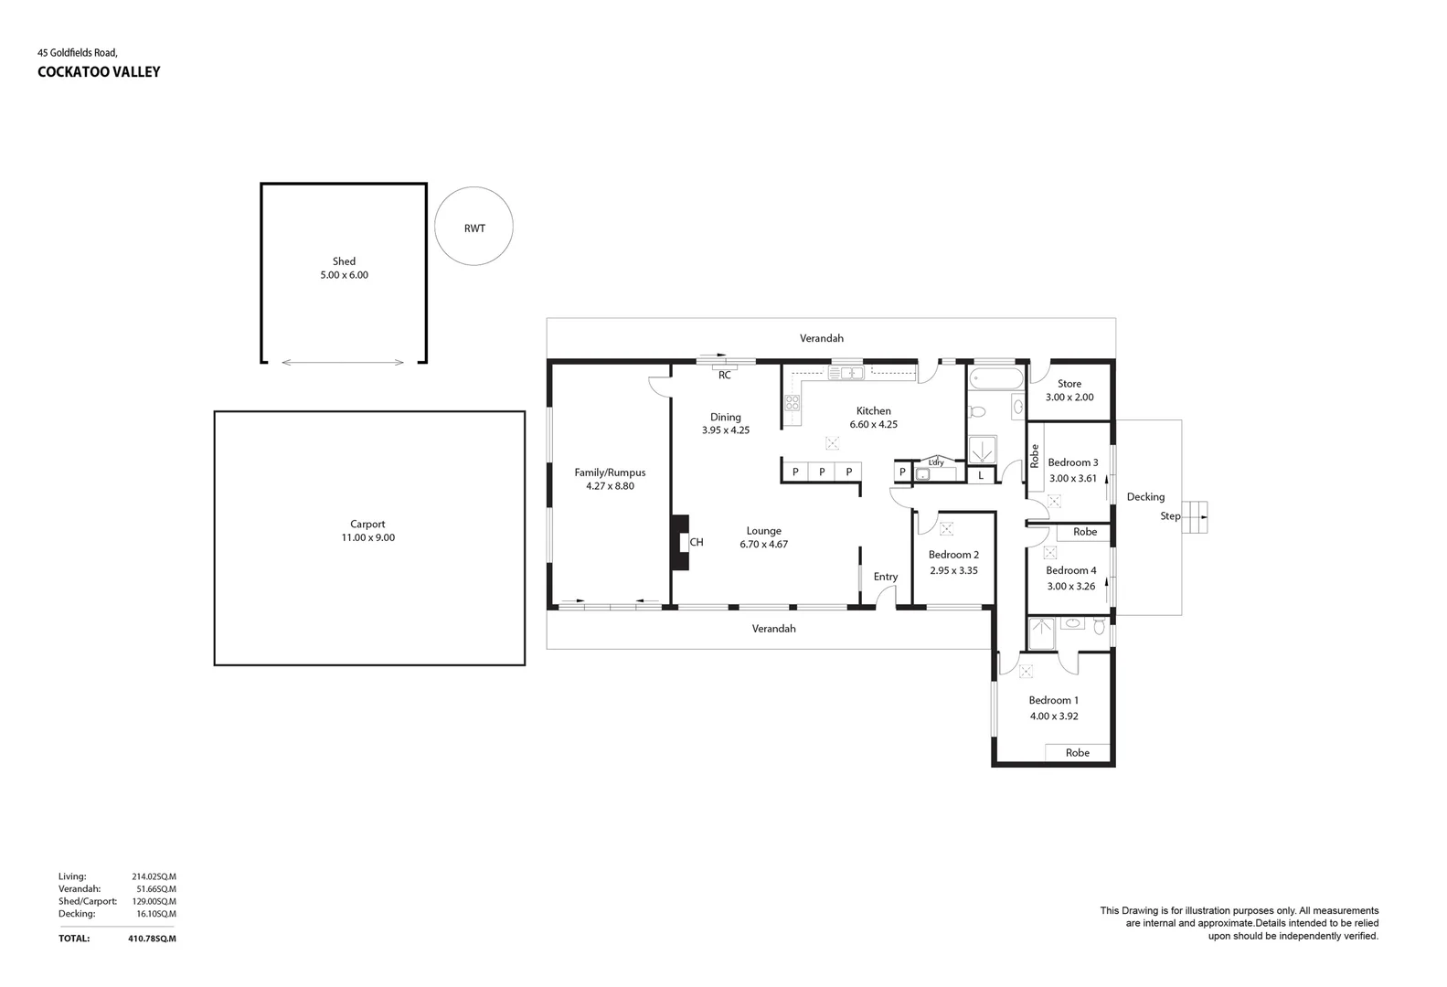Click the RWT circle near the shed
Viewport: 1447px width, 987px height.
pos(473,227)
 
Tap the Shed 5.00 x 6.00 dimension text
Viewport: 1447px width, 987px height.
pos(344,275)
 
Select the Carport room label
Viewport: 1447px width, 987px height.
pos(367,525)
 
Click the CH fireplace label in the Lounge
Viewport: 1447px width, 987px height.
pos(697,543)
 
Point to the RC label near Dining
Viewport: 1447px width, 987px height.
pos(725,376)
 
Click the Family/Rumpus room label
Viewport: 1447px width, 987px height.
pos(610,472)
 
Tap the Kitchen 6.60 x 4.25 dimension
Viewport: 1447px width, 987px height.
pos(873,424)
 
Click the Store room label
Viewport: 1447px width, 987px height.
pos(1069,384)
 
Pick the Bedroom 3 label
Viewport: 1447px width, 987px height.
pos(1072,462)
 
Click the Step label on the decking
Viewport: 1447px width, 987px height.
pos(1170,516)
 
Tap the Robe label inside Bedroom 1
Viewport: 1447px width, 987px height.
pos(1078,753)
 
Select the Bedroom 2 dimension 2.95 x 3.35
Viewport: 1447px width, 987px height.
pos(953,570)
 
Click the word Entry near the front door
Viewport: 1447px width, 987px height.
pos(885,577)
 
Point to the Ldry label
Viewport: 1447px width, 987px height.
pos(935,462)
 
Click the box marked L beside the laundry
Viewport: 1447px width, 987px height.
pos(981,475)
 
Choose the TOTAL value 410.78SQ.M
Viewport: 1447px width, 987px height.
pos(152,939)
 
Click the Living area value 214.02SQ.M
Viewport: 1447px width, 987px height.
pos(154,876)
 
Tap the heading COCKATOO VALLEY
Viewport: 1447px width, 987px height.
pos(99,72)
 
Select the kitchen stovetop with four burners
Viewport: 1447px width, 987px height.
pos(792,403)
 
